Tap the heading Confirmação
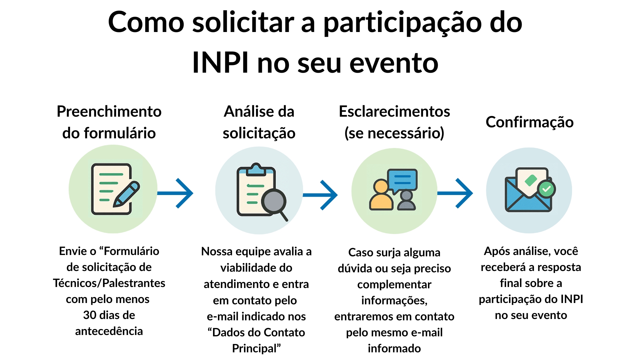529,122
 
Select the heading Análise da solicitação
259,122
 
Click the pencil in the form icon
126,194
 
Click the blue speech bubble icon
402,180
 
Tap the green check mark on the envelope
546,189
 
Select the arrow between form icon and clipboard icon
176,193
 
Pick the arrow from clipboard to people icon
321,195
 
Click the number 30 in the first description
90,315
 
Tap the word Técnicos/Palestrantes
109,283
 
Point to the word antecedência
109,331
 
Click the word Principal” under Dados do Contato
256,348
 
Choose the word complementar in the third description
394,285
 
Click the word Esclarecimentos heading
394,112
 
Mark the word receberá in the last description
503,267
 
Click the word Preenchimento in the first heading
109,112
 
